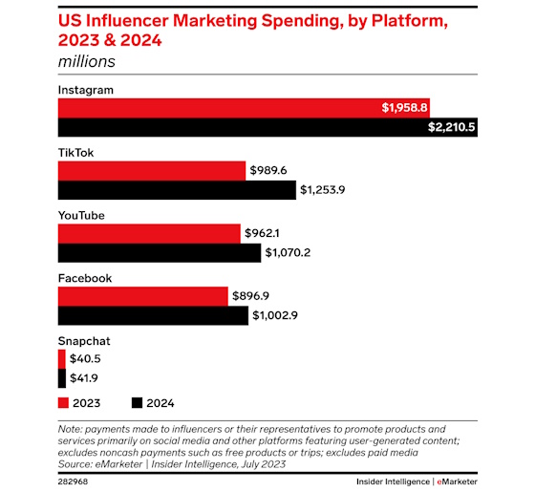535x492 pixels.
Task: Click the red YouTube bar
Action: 148,233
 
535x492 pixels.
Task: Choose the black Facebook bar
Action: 153,316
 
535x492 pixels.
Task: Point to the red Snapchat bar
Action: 61,358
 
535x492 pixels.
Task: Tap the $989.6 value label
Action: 271,170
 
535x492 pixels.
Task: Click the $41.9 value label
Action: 85,378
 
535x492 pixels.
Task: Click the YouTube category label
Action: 82,215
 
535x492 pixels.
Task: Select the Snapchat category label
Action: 85,340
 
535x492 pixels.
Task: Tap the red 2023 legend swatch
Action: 64,403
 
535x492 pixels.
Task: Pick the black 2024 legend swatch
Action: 138,403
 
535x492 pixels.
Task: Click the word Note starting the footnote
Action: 72,429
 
